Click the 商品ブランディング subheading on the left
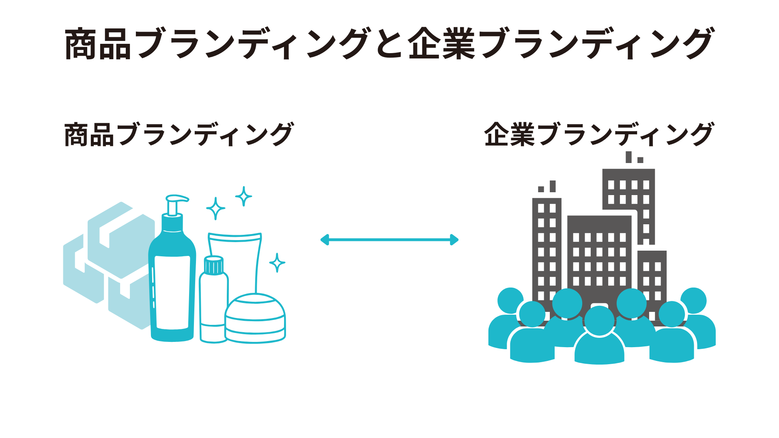179,135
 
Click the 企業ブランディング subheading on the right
599,135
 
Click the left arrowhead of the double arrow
325,240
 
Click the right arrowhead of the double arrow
454,240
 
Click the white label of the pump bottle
172,292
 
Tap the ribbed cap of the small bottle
213,265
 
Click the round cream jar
255,318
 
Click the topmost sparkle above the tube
243,196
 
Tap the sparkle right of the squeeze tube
277,263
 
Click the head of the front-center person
599,320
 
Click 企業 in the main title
441,44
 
